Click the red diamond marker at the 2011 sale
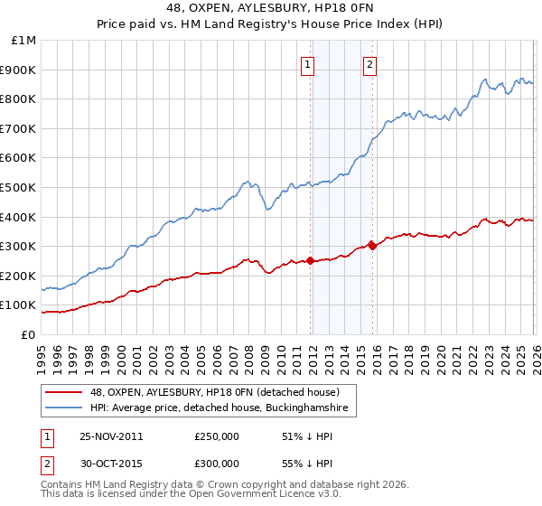click(311, 260)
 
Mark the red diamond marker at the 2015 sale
click(373, 246)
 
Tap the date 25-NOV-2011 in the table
click(111, 436)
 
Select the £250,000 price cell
click(216, 436)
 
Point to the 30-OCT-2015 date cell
click(111, 463)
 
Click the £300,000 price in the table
click(216, 463)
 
